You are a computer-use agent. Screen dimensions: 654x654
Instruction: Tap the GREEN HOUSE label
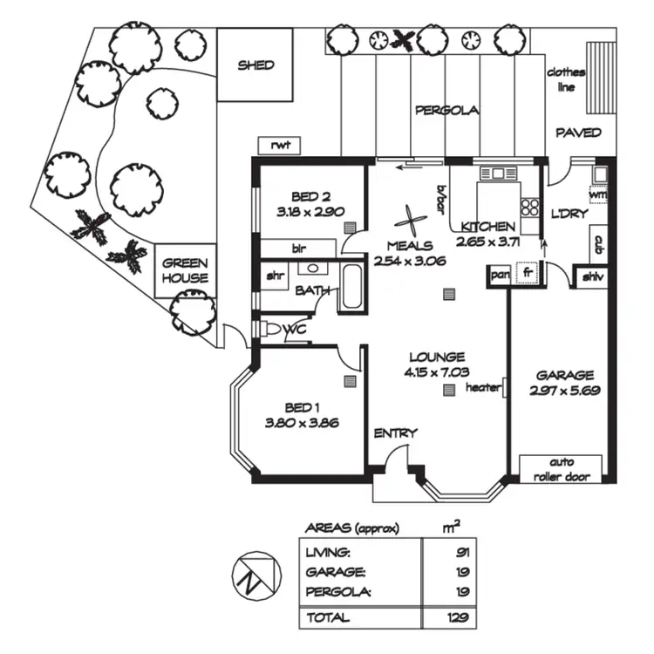186,270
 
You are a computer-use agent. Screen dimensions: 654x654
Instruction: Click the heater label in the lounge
482,387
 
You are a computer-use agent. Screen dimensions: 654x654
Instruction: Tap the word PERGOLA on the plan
446,111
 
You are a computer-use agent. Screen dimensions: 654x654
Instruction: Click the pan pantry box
498,275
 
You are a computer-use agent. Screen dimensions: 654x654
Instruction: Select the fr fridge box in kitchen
527,272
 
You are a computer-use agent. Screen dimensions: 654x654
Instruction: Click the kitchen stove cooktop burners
528,207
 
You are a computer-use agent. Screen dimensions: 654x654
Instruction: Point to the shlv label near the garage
593,277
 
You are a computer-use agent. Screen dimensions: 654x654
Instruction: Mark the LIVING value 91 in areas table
459,551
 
